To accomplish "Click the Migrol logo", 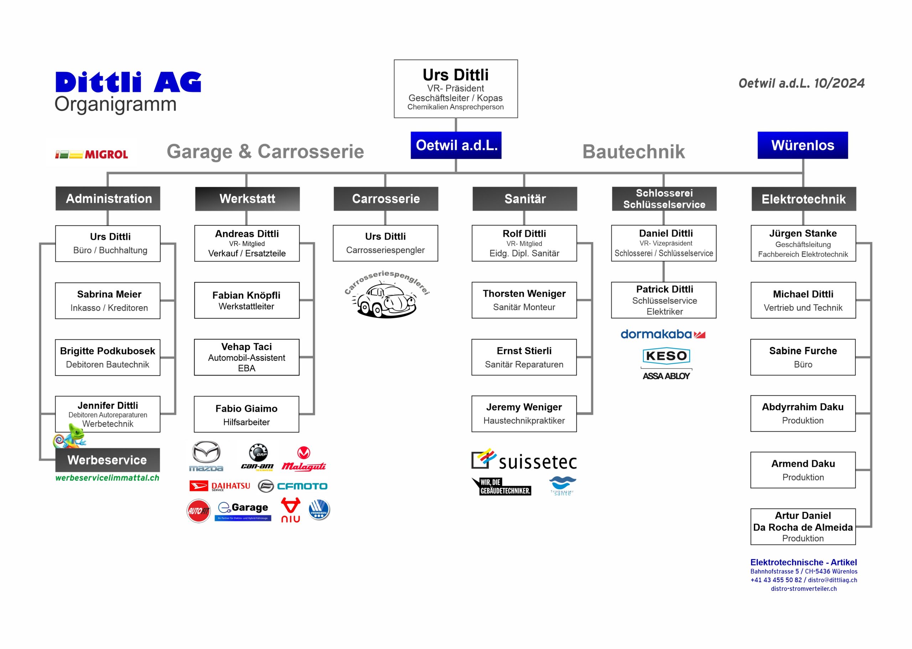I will pos(92,154).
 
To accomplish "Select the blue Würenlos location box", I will pos(802,145).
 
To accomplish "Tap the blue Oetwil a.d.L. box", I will pos(456,145).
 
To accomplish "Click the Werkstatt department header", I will pos(247,199).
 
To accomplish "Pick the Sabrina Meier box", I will pos(108,300).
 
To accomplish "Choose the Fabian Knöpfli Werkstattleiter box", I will pos(247,300).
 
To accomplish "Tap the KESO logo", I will pos(666,355).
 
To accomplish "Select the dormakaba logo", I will pos(663,334).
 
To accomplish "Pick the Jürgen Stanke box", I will pos(803,243).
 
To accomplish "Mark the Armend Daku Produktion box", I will pos(803,470).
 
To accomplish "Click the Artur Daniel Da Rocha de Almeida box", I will pos(803,526).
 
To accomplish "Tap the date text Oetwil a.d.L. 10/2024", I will pos(801,83).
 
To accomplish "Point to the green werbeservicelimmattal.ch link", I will pos(107,478).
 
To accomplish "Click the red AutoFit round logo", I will pos(198,511).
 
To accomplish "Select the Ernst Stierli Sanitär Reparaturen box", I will pos(524,357).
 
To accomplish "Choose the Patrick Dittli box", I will pos(664,300).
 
